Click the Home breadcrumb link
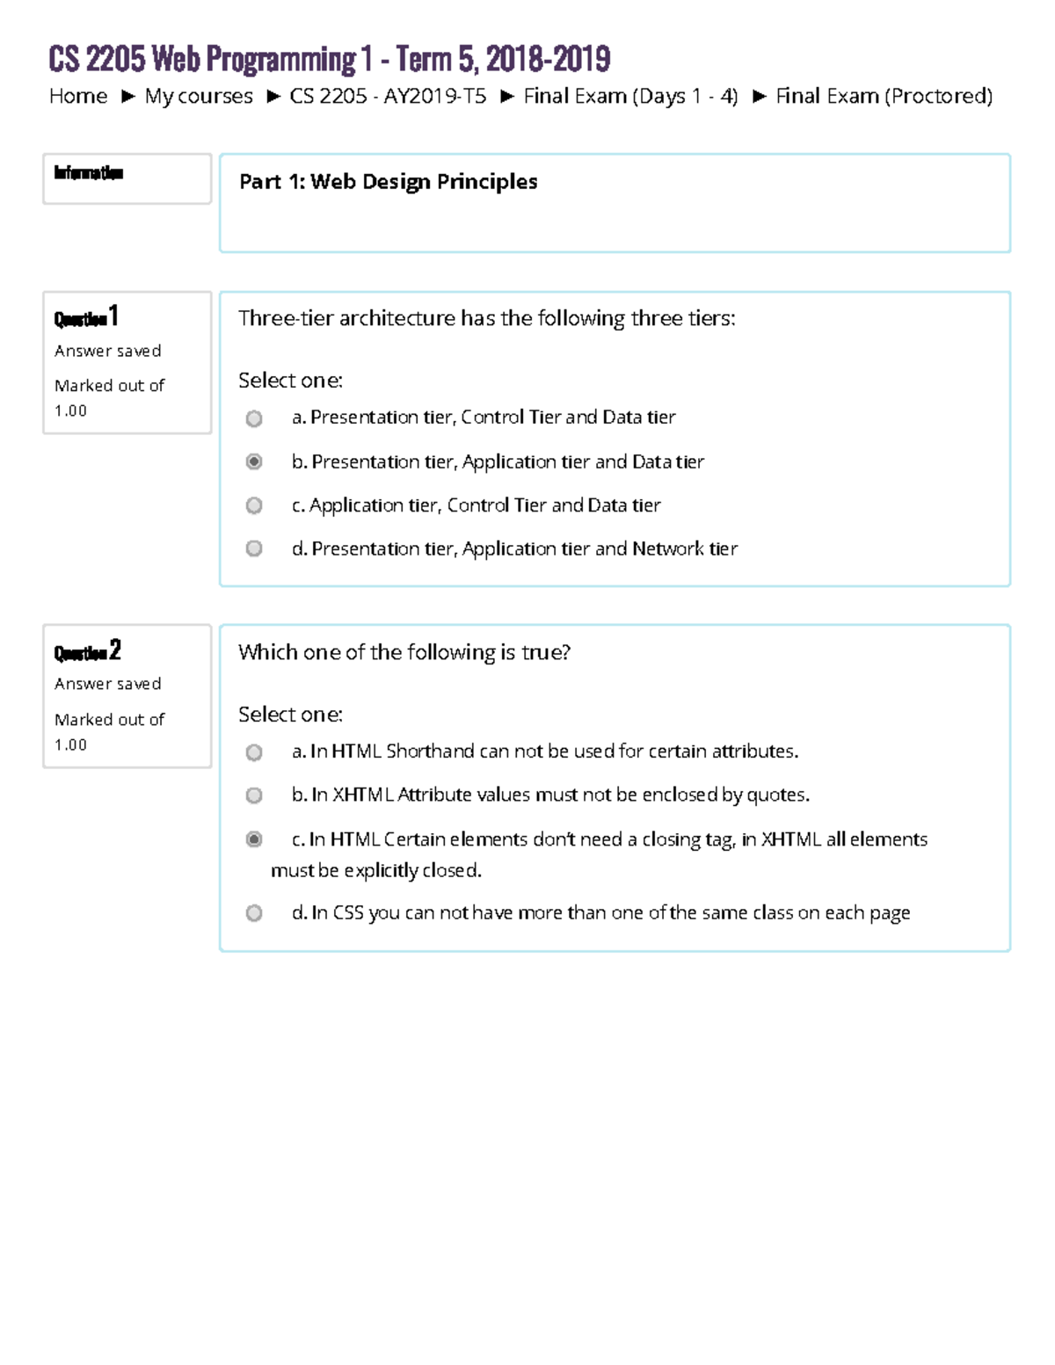(x=78, y=96)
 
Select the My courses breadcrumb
(x=199, y=96)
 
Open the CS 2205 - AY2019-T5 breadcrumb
(x=388, y=96)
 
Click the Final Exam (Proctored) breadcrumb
(x=884, y=96)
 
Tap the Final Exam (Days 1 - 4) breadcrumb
(x=630, y=96)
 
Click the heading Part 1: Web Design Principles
(x=389, y=182)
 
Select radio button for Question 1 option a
(x=254, y=418)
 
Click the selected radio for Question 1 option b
(x=254, y=461)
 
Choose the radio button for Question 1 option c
(x=254, y=505)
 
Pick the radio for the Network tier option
(x=254, y=548)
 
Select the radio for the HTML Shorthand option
(x=254, y=752)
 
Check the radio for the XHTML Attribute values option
(x=254, y=795)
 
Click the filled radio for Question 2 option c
(x=254, y=839)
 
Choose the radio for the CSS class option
(x=254, y=913)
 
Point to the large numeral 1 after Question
(x=113, y=316)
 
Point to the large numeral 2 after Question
(x=115, y=650)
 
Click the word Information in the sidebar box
(x=89, y=172)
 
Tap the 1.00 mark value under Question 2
(x=70, y=744)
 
